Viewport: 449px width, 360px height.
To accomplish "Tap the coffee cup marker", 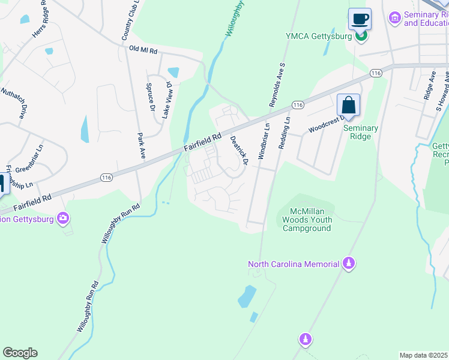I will coord(360,19).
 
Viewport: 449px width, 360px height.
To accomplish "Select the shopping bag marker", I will coord(348,106).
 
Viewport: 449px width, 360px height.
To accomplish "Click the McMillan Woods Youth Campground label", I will coord(307,220).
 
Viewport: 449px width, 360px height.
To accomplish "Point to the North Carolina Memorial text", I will coord(294,264).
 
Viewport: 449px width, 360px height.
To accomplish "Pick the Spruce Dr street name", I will coord(150,98).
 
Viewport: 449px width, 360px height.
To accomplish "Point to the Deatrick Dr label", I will coord(239,145).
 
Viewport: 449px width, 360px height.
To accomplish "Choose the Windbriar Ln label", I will coord(264,141).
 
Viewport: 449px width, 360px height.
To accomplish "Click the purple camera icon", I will coord(64,218).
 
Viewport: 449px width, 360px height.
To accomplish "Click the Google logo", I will coord(20,353).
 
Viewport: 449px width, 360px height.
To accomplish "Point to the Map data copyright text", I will coord(424,355).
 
